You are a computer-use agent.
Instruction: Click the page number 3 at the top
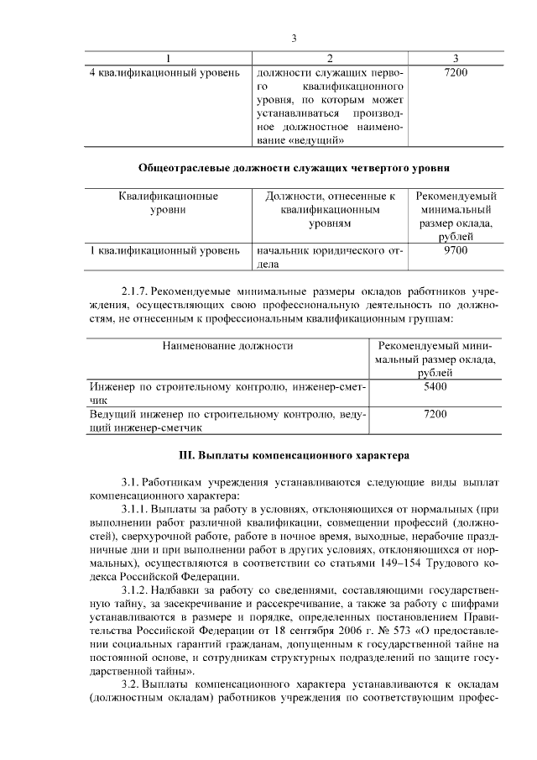pyautogui.click(x=294, y=39)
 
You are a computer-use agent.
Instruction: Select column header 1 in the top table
pyautogui.click(x=169, y=58)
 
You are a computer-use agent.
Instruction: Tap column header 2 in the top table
pyautogui.click(x=329, y=58)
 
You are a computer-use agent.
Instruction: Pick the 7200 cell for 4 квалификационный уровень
pyautogui.click(x=455, y=73)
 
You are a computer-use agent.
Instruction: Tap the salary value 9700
pyautogui.click(x=455, y=250)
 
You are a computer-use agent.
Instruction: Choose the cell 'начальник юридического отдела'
pyautogui.click(x=330, y=257)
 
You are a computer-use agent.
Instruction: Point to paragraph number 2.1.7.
pyautogui.click(x=138, y=290)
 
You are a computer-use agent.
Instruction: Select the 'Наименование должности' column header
pyautogui.click(x=228, y=345)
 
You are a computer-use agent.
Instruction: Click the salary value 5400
pyautogui.click(x=435, y=386)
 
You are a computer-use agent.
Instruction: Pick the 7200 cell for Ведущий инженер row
pyautogui.click(x=435, y=414)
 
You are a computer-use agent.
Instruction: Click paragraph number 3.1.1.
pyautogui.click(x=138, y=509)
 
